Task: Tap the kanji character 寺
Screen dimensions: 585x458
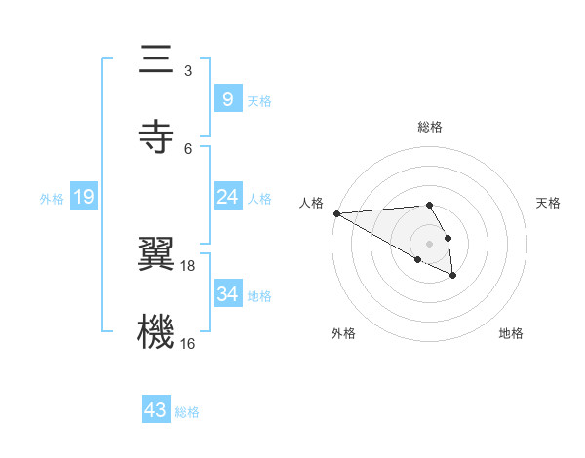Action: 156,135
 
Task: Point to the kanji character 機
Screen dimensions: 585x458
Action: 156,330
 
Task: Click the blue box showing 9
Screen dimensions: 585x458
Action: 227,99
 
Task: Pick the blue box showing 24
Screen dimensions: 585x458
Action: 227,198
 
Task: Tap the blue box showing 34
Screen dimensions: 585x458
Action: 227,294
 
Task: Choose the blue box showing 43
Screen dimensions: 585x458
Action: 156,410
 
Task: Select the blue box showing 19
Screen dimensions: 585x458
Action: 83,198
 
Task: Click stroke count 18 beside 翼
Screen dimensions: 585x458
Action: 188,265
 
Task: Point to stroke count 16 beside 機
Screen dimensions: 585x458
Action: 188,343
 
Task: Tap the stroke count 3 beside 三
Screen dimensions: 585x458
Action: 188,71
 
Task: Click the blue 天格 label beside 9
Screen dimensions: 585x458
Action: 259,101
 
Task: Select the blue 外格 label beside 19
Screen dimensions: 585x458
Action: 52,199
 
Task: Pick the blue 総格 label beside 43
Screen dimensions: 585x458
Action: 187,412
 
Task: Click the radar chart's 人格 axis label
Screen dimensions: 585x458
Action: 311,203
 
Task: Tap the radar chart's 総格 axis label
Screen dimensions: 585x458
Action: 429,127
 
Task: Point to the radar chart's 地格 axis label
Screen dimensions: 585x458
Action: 511,333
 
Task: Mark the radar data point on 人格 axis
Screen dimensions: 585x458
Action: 336,213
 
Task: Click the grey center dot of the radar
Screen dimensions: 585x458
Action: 429,243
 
